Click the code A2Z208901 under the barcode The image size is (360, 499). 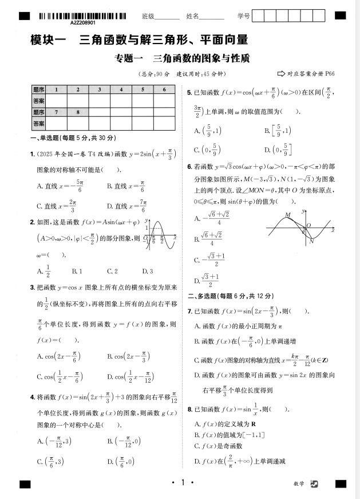[83, 23]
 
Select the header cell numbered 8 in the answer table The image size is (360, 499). [77, 112]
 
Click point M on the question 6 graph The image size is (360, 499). [288, 215]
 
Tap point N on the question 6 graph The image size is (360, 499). [311, 241]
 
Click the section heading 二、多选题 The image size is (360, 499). [231, 296]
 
